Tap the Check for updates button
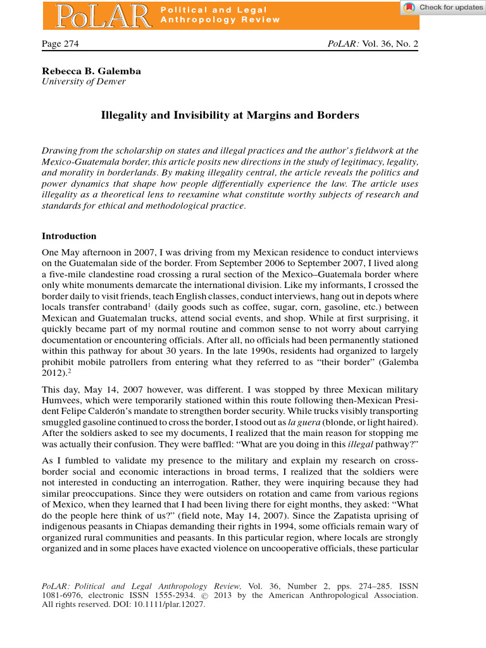click(442, 7)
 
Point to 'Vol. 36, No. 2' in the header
click(390, 44)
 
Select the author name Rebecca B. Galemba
click(91, 71)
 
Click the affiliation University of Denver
click(84, 81)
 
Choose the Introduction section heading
click(69, 236)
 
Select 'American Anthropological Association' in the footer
click(343, 595)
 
